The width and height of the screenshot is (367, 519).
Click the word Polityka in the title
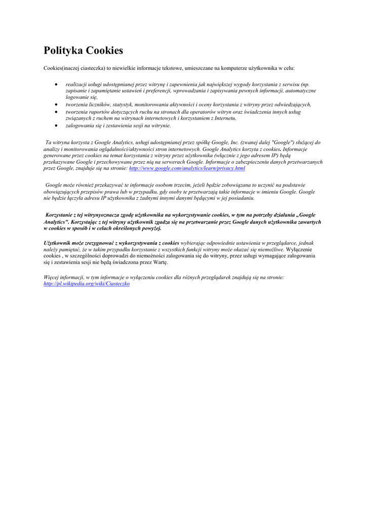coord(63,51)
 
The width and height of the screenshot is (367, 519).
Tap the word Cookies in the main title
coord(104,51)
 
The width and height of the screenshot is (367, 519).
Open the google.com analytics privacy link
coord(187,168)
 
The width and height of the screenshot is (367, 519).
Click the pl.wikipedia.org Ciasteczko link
coord(87,284)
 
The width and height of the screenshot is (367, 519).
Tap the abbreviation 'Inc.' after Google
coord(234,143)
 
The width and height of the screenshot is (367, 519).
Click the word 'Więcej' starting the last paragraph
coord(52,277)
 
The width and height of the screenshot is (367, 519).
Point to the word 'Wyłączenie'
coord(299,249)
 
